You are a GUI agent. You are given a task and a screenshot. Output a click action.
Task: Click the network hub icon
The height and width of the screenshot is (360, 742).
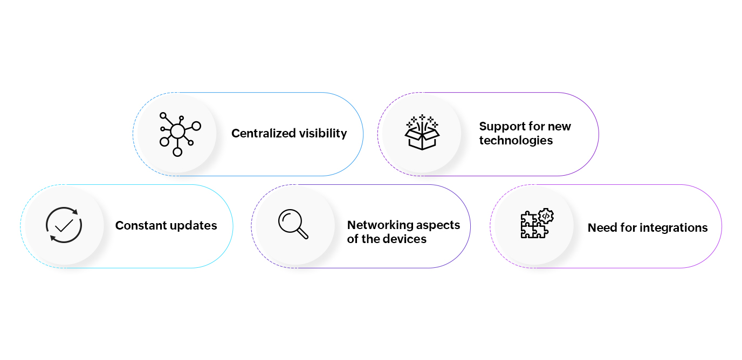pyautogui.click(x=178, y=134)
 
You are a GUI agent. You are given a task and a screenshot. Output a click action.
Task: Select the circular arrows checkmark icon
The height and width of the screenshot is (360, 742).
pyautogui.click(x=64, y=225)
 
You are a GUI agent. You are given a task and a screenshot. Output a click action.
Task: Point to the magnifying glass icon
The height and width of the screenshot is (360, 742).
pyautogui.click(x=293, y=223)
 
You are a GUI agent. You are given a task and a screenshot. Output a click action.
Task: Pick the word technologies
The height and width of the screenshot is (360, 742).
pyautogui.click(x=516, y=141)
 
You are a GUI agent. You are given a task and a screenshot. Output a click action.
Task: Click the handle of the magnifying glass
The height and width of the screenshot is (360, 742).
pyautogui.click(x=303, y=233)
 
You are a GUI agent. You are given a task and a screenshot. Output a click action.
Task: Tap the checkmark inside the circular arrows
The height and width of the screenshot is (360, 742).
pyautogui.click(x=64, y=225)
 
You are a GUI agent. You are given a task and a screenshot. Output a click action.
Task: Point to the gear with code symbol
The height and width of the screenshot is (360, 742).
pyautogui.click(x=546, y=216)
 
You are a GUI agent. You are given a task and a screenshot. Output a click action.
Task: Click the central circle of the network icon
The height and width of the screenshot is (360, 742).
pyautogui.click(x=177, y=131)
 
